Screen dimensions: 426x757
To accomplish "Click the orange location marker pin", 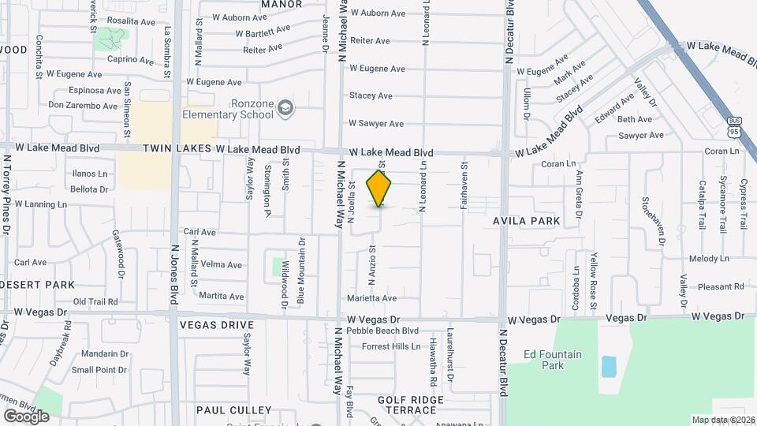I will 379,188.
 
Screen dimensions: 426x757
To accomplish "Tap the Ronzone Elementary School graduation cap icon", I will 285,107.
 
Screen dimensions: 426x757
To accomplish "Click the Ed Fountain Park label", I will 554,360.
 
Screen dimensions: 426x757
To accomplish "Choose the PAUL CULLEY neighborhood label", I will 233,410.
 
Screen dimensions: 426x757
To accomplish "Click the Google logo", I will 26,416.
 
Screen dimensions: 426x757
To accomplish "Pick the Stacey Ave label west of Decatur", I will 371,96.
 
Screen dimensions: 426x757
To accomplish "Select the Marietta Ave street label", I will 371,298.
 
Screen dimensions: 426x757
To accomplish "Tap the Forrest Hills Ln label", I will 391,346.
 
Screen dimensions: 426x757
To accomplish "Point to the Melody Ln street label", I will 709,259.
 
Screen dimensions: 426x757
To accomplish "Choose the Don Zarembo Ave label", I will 83,105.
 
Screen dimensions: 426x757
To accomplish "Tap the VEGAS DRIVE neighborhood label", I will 217,325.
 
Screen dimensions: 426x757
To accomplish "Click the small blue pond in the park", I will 608,366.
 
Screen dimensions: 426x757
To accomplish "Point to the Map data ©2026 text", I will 722,420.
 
